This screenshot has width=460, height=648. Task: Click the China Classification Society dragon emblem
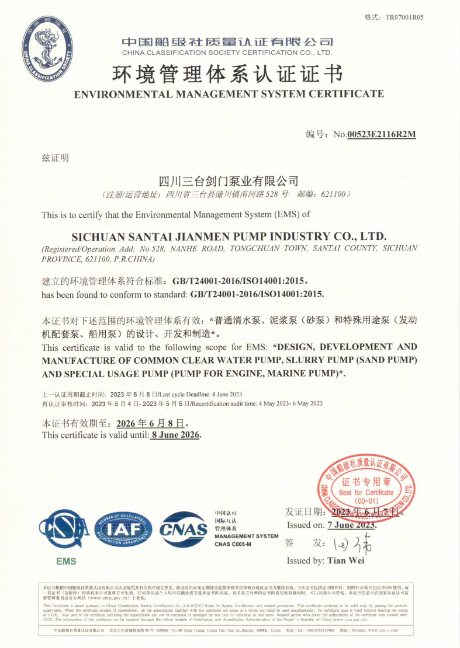[48, 51]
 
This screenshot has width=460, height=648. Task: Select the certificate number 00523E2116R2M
[381, 134]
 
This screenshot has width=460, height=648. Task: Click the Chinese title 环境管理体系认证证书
[226, 75]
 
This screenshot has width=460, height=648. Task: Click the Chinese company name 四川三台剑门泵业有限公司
[229, 180]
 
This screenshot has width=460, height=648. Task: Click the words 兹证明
[56, 158]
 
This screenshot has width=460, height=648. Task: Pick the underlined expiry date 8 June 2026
[175, 435]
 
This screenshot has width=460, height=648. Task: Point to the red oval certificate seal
[366, 482]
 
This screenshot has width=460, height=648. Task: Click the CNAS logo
[184, 529]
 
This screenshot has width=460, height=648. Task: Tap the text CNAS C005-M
[233, 544]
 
